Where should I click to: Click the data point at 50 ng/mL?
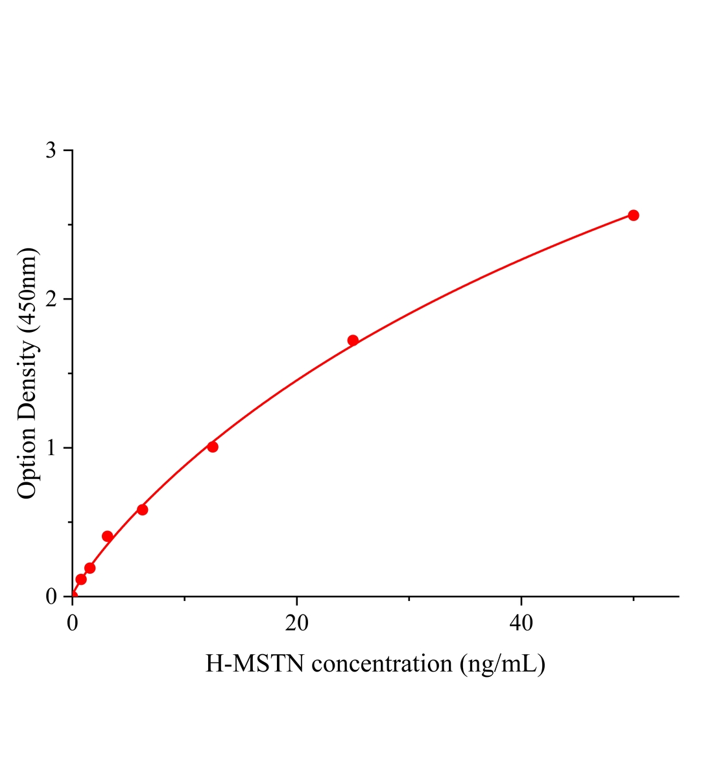[633, 215]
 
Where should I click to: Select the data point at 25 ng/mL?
[353, 340]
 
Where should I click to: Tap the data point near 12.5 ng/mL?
[213, 447]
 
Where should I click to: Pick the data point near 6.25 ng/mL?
[142, 510]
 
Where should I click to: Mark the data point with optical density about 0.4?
[108, 536]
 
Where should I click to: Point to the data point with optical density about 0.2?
[90, 568]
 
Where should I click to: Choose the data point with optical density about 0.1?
[81, 579]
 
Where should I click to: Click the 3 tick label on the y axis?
[51, 151]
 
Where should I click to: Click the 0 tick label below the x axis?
[73, 623]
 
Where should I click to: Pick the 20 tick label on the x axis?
[296, 623]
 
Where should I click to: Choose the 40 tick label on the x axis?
[521, 623]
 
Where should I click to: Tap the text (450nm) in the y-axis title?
[27, 289]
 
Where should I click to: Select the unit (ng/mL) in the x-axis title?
[502, 665]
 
